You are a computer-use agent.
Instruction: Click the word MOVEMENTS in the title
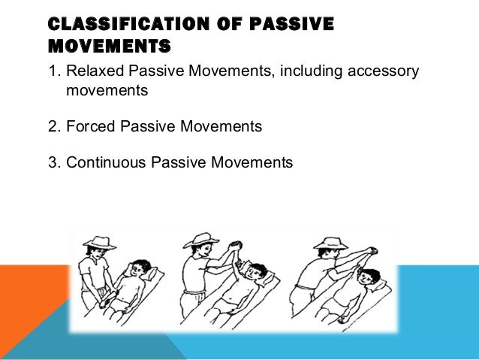click(x=108, y=47)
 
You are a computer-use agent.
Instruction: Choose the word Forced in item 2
click(x=89, y=126)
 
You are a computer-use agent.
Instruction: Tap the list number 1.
click(x=52, y=72)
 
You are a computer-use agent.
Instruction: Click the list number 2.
click(x=52, y=126)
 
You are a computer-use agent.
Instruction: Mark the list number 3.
click(x=52, y=162)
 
